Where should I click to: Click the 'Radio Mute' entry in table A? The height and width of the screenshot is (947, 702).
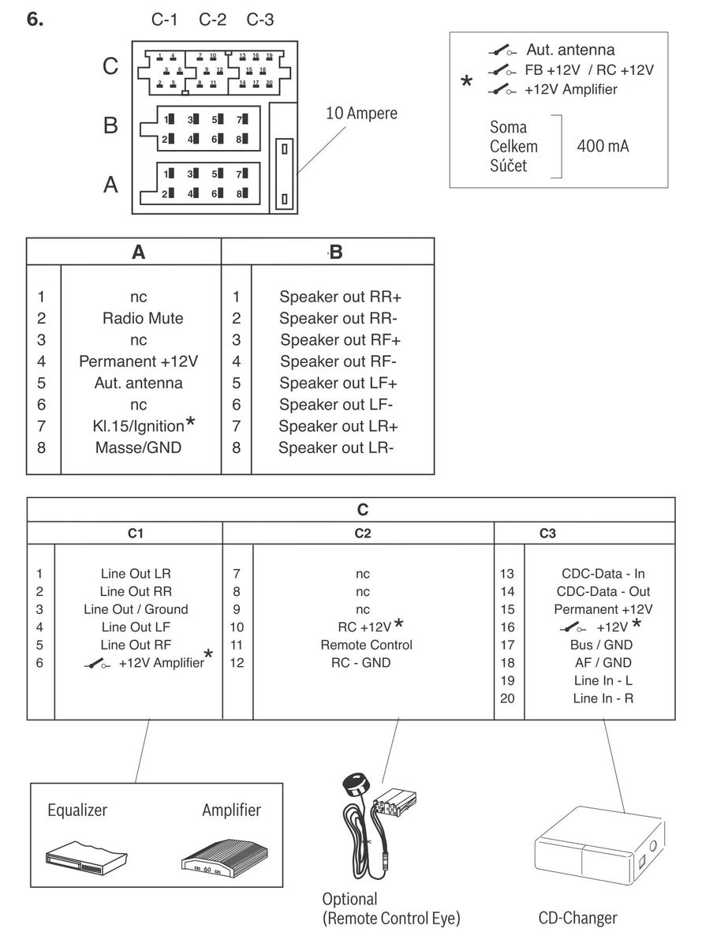coord(142,319)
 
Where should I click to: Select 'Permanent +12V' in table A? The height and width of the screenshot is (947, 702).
coord(138,361)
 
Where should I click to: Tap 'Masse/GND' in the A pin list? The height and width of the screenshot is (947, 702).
coord(139,447)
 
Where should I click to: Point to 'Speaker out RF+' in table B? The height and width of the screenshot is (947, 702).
coord(340,340)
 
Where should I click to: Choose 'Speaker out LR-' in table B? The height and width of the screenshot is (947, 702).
coord(336,447)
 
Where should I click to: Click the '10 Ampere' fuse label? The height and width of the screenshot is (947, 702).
coord(362,114)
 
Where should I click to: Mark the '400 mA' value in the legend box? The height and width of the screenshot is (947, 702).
coord(603,146)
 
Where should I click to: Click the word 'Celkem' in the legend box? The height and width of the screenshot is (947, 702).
coord(513,146)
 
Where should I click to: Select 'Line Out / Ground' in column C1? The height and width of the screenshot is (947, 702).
coord(136,609)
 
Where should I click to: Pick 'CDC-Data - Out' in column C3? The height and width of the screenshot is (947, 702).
coord(603,591)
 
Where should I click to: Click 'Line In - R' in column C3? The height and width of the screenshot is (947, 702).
coord(602,698)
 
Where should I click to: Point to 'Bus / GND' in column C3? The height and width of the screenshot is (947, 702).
coord(602,645)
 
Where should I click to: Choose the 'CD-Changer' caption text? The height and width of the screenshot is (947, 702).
coord(577,918)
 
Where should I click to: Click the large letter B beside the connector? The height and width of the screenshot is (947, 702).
coord(110,125)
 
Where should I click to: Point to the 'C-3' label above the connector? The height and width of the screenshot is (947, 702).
coord(260,20)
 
